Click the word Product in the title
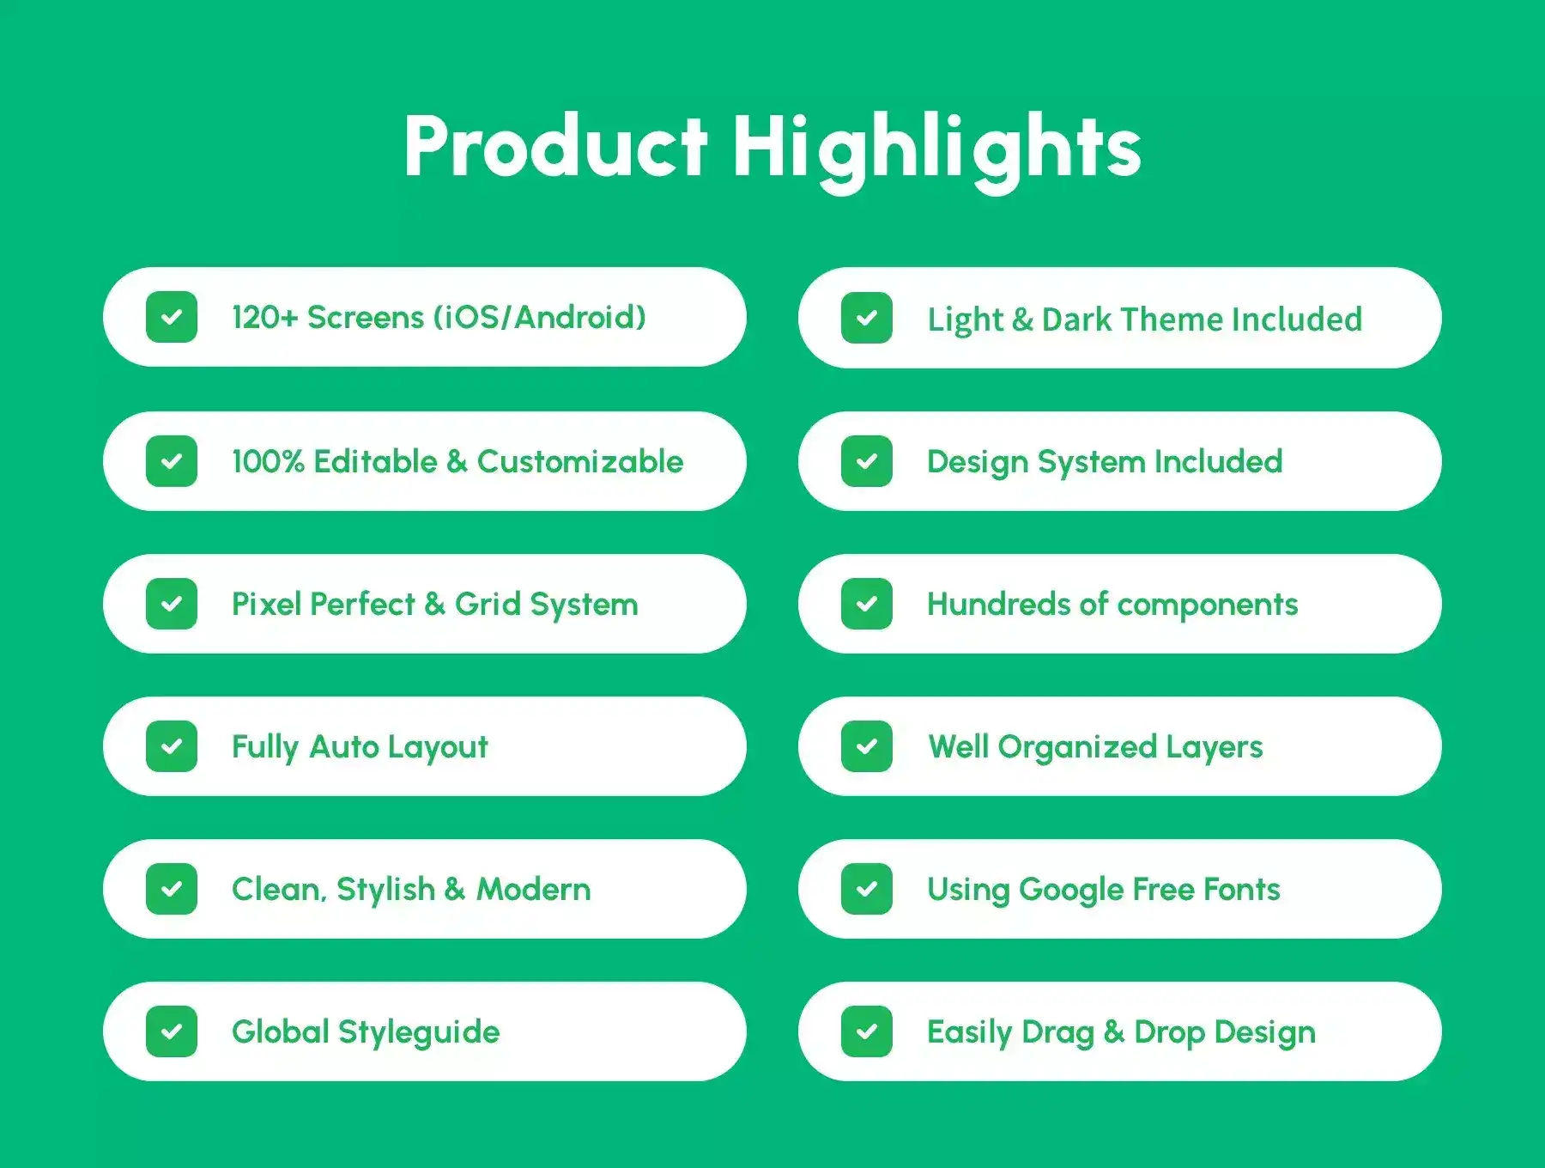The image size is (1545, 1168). (555, 146)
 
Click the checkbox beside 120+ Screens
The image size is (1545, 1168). (172, 317)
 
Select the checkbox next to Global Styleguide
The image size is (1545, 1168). (172, 1031)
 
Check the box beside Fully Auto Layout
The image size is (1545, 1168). (172, 746)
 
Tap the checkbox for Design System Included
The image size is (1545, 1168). (867, 461)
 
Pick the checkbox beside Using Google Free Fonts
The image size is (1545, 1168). (867, 889)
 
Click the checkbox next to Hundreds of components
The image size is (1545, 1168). (867, 604)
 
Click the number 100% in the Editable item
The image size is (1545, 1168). (268, 461)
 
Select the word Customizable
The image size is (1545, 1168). (580, 461)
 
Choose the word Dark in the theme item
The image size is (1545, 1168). (1077, 319)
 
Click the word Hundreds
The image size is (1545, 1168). (999, 604)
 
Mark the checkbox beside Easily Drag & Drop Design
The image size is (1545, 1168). (867, 1031)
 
